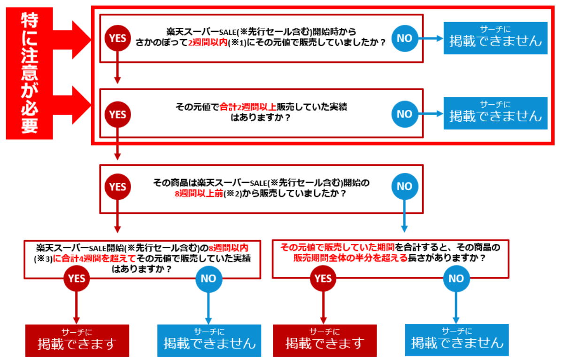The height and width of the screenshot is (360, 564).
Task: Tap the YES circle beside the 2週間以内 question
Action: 117,38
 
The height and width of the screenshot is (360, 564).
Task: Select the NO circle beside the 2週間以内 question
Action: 404,38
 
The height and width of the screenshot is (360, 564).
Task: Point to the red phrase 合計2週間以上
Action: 242,106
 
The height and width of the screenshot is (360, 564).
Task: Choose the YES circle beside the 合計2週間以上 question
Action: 117,114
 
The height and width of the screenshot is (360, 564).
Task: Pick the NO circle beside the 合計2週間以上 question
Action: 404,114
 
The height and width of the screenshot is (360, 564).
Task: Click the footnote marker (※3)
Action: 42,258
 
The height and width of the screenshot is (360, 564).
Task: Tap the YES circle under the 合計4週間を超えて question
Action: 77,279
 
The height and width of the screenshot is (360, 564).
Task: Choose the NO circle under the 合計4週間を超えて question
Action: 209,279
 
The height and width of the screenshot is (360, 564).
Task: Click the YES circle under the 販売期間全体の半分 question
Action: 323,279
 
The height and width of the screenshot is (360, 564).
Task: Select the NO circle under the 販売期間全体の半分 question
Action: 456,279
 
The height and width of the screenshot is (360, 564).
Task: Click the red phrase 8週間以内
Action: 228,247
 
